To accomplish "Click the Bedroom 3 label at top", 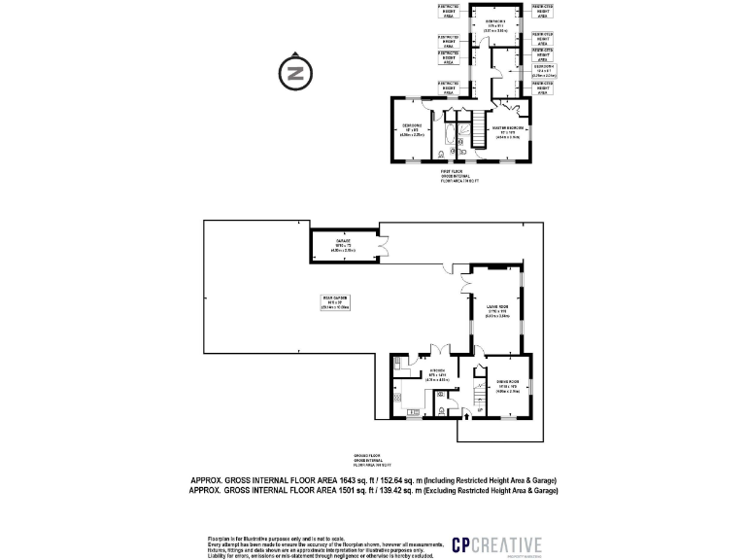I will tap(497, 26).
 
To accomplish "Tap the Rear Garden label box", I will tap(334, 300).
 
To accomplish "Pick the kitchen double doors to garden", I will tap(438, 348).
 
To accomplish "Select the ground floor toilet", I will tap(441, 409).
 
